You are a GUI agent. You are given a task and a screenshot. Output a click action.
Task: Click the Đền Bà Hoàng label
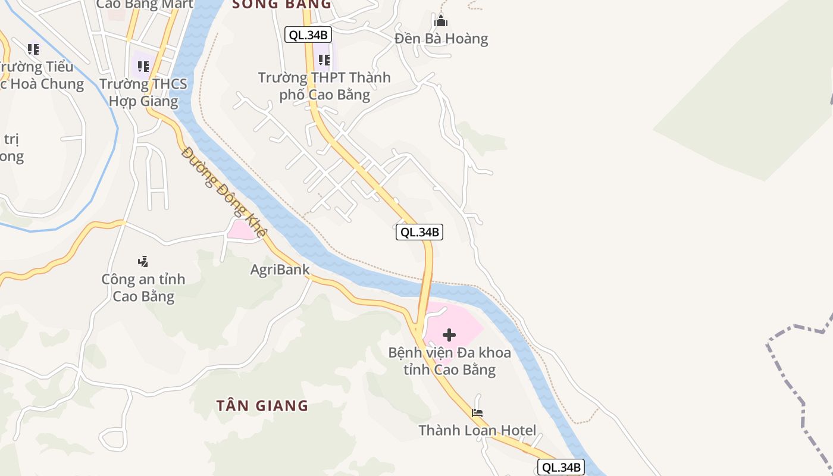pos(441,39)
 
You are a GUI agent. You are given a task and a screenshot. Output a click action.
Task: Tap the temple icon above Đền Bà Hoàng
pos(441,21)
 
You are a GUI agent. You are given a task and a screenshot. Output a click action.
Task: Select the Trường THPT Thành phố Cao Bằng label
pos(324,86)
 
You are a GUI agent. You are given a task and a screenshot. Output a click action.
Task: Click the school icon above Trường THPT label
pos(324,60)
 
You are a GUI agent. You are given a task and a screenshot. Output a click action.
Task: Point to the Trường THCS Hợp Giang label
pos(143,93)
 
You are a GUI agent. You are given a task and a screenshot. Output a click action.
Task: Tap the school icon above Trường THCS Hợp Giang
pos(143,67)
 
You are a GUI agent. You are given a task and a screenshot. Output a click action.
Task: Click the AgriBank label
pos(280,270)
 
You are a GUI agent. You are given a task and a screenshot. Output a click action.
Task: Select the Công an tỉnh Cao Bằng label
pos(143,288)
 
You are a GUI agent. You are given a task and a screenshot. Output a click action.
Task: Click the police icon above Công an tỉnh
pos(143,261)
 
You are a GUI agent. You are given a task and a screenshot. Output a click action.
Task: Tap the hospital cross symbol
pos(449,335)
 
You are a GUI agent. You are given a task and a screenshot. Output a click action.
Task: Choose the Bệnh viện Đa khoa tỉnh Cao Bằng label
pos(449,361)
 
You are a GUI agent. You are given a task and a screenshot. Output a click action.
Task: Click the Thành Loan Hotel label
pos(477,430)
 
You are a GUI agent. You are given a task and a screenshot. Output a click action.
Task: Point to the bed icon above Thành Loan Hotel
pos(477,412)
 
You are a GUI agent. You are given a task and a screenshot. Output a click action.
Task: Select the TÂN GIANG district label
pos(262,406)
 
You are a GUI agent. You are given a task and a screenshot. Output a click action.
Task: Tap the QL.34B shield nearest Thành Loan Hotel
pos(560,467)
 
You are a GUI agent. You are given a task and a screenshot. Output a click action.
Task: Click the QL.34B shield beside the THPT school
pos(308,35)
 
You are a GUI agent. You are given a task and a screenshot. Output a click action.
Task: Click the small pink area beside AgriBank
pos(243,230)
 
